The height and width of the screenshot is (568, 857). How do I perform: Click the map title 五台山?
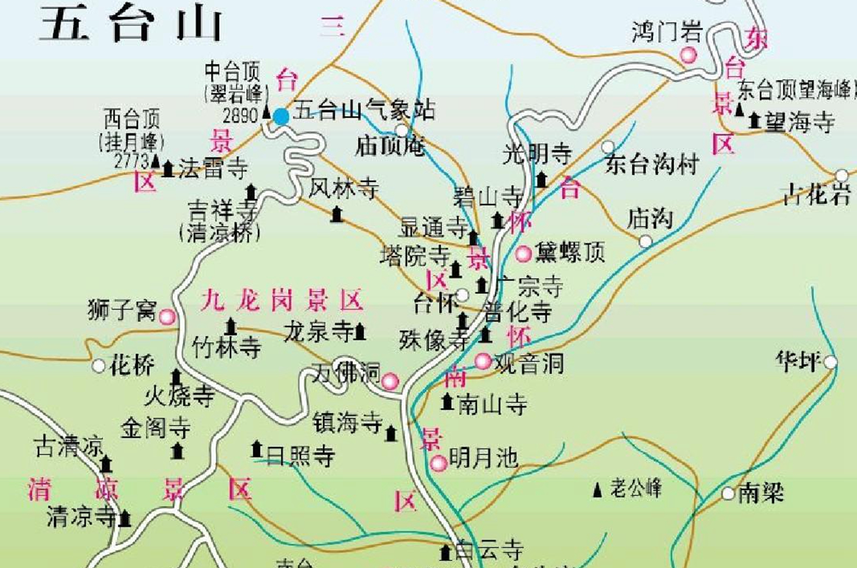click(131, 24)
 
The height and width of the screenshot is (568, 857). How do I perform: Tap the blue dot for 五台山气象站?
click(281, 117)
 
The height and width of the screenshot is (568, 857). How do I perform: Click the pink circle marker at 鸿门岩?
click(688, 55)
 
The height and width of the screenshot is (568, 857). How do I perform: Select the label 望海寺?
click(799, 122)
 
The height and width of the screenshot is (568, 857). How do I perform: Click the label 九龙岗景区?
click(282, 300)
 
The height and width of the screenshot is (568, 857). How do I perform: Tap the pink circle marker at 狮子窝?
click(167, 317)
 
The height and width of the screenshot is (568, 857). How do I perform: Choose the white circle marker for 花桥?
click(99, 366)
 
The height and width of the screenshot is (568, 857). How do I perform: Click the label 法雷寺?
click(213, 169)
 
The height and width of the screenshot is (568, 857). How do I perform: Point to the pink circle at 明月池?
click(438, 463)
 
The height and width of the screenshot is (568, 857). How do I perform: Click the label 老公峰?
click(636, 489)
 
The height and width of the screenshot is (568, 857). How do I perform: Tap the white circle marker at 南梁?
click(728, 494)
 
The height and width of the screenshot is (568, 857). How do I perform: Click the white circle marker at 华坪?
click(830, 362)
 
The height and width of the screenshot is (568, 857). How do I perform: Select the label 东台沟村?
click(652, 165)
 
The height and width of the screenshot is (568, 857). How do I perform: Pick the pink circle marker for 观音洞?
click(483, 362)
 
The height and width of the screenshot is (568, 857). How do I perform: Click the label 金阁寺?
click(155, 428)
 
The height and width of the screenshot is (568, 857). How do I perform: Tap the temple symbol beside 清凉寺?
click(125, 519)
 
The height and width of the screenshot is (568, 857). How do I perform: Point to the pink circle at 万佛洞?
click(390, 381)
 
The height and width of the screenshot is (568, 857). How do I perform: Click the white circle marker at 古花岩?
click(842, 175)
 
